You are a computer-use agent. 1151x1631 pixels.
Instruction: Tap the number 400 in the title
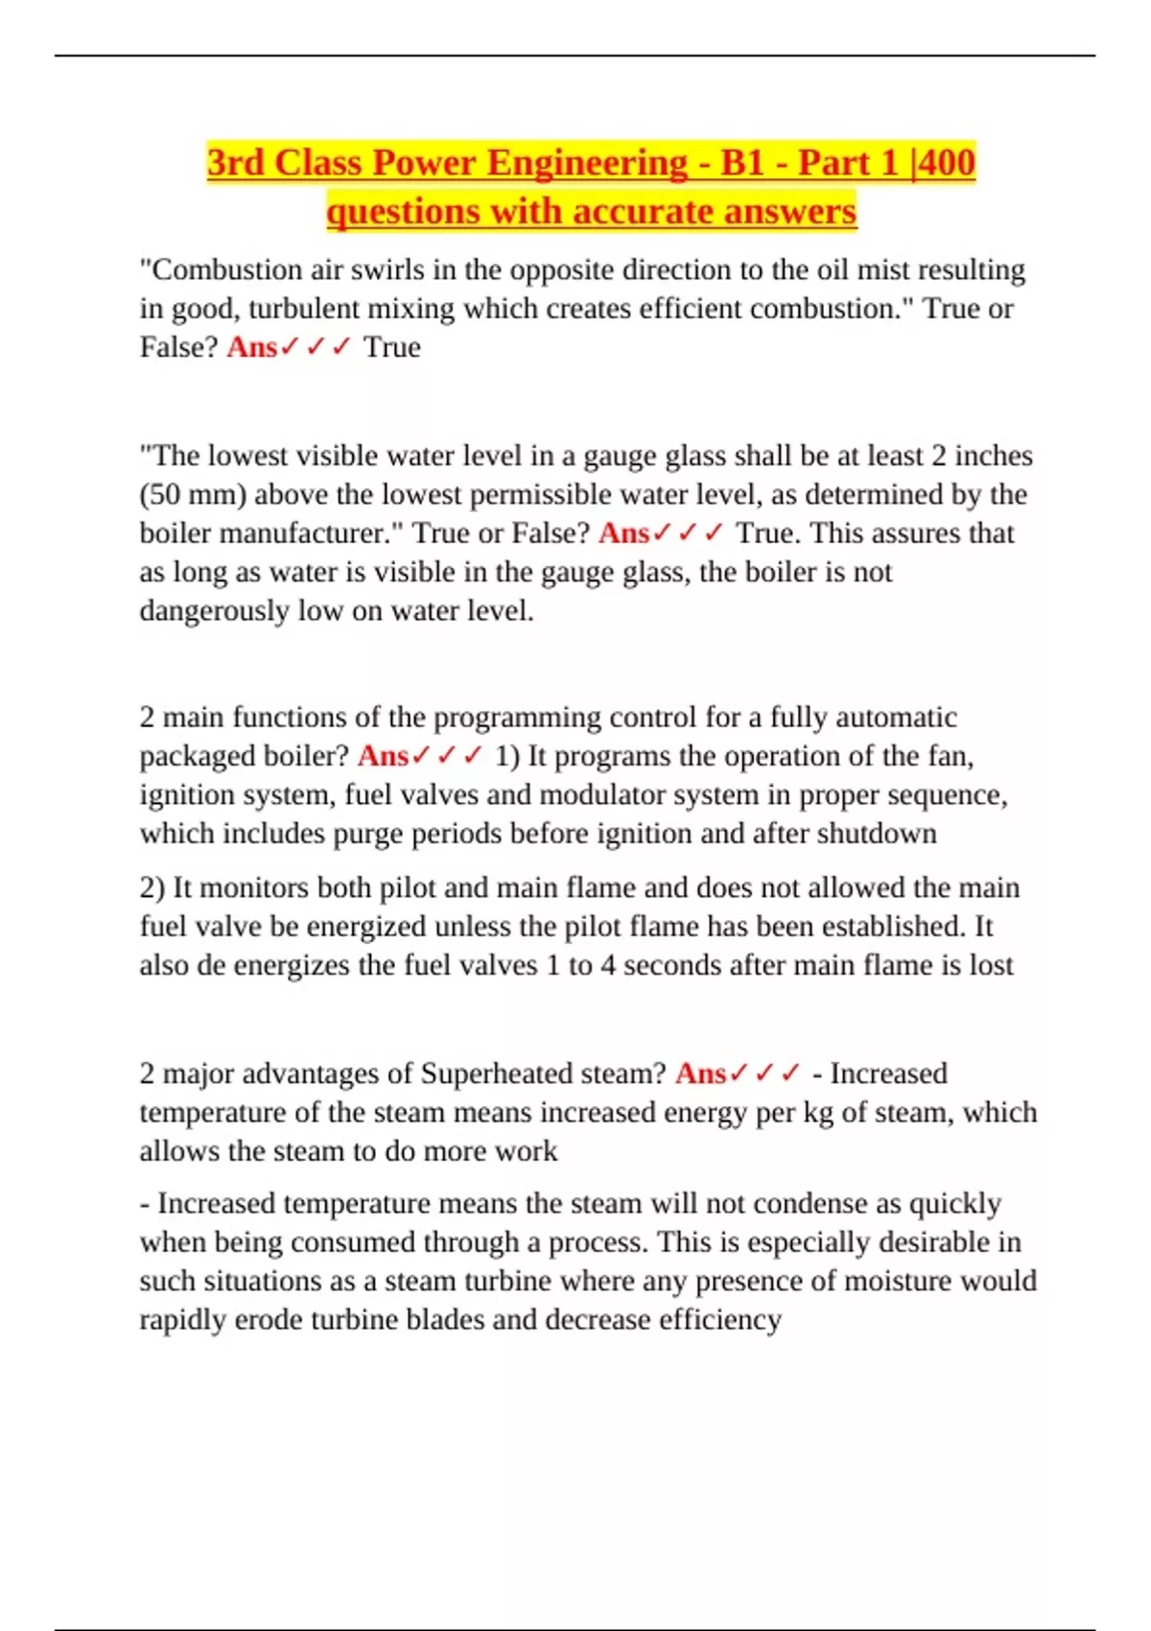point(947,162)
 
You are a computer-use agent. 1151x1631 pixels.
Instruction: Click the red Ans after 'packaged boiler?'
point(383,756)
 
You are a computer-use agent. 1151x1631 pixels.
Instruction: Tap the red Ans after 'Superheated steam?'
point(701,1073)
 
